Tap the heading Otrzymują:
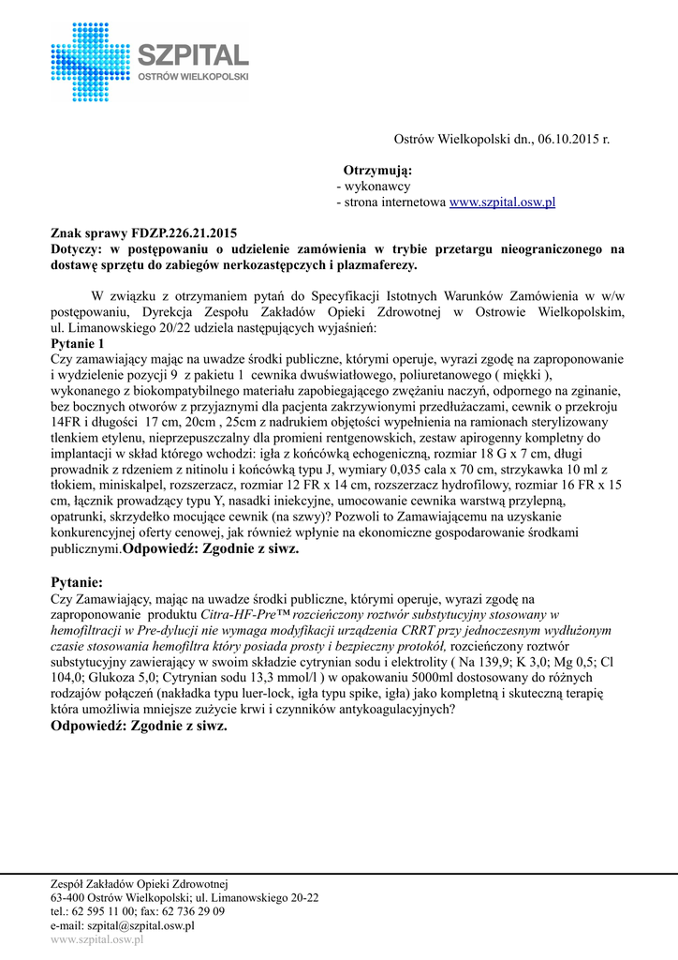(377, 171)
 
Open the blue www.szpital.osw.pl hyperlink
(503, 202)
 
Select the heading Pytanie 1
(78, 344)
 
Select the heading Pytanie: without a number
(77, 582)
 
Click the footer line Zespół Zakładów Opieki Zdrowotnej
(139, 884)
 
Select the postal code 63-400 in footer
(68, 897)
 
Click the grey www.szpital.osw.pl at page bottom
(96, 939)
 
